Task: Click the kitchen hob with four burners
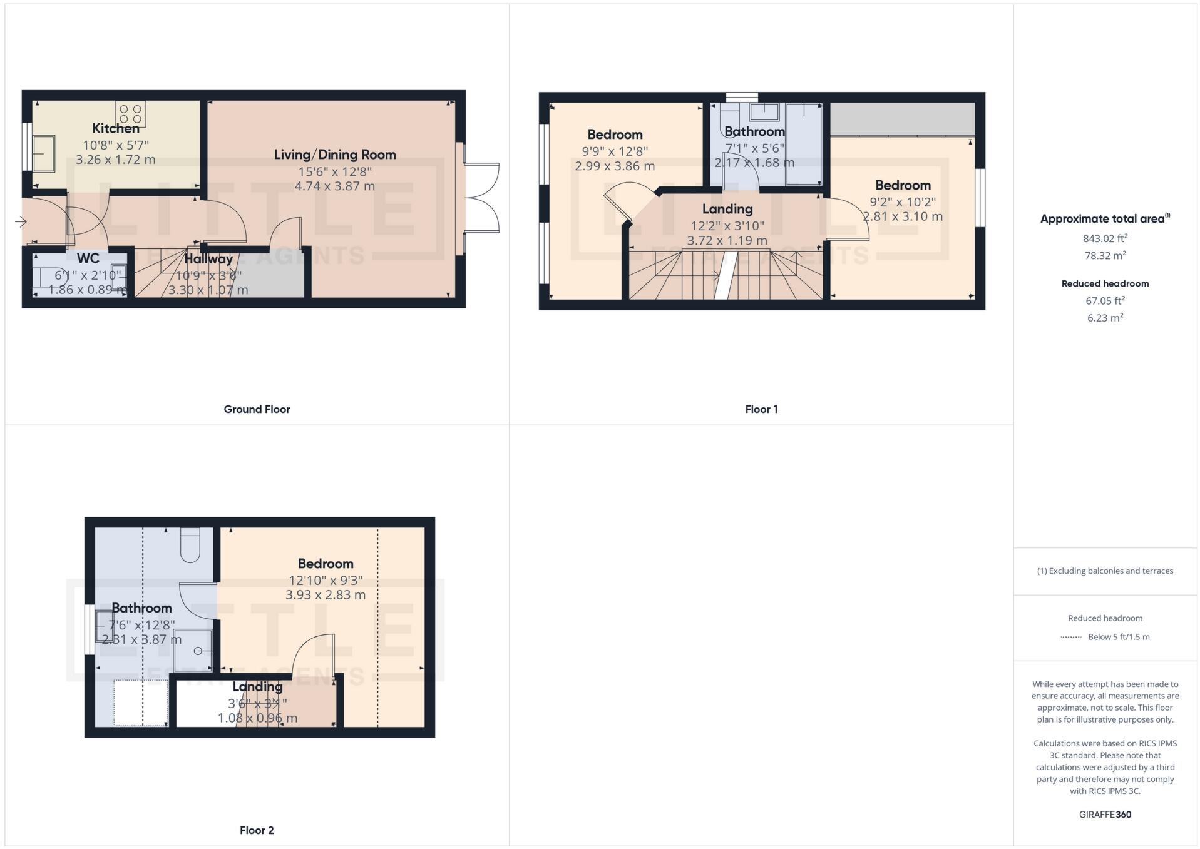(x=131, y=113)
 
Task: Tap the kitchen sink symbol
(x=43, y=153)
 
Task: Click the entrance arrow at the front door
(x=21, y=221)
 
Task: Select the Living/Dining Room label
(x=335, y=155)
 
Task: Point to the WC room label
(x=88, y=258)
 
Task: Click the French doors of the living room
(x=482, y=198)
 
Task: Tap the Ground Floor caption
(x=257, y=409)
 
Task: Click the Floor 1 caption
(x=761, y=409)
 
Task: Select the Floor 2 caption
(x=257, y=830)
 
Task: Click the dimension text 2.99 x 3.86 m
(x=615, y=166)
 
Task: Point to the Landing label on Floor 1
(x=727, y=209)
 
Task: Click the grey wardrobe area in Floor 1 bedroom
(x=902, y=119)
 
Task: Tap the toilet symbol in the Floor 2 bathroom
(x=190, y=544)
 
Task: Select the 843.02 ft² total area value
(x=1105, y=238)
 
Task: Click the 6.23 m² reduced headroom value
(x=1105, y=318)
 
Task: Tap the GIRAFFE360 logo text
(x=1105, y=815)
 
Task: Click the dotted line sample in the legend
(x=1071, y=637)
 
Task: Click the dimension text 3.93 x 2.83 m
(x=326, y=595)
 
